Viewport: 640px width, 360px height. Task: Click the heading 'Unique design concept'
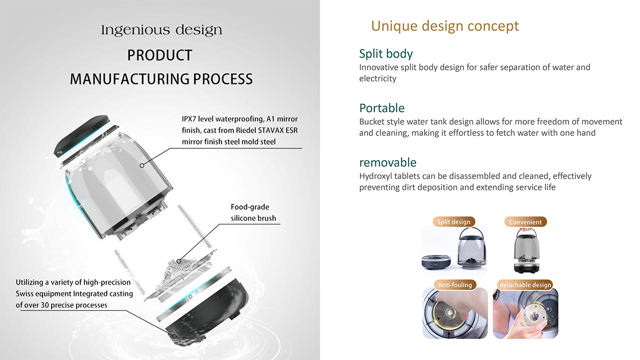click(x=445, y=26)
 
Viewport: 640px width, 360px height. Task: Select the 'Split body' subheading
click(x=386, y=54)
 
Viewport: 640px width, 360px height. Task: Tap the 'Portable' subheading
click(x=382, y=108)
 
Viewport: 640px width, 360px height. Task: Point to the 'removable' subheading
click(x=388, y=162)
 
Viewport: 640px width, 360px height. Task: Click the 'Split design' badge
click(x=454, y=222)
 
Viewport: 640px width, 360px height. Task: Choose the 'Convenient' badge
click(x=525, y=222)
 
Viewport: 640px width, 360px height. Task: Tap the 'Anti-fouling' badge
click(x=455, y=285)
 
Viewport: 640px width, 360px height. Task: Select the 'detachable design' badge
click(x=525, y=285)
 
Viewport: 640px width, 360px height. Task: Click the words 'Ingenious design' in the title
click(x=162, y=30)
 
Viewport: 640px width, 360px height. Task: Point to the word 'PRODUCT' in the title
click(x=159, y=55)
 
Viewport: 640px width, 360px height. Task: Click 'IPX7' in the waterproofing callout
click(x=189, y=119)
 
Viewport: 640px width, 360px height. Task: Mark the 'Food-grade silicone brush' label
click(x=253, y=212)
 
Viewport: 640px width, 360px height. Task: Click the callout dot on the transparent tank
click(x=142, y=165)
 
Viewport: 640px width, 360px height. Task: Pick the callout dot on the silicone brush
click(x=178, y=261)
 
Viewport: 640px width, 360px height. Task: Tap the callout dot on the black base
click(x=174, y=336)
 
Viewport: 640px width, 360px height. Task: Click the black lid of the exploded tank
click(x=81, y=135)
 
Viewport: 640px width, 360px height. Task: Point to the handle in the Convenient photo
click(x=526, y=234)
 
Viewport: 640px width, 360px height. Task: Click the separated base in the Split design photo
click(x=436, y=262)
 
